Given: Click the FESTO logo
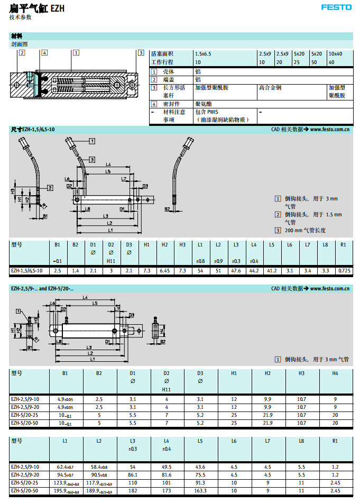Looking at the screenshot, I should (336, 7).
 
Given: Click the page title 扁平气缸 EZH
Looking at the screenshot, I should (36, 8).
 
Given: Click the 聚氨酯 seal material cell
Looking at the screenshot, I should (204, 104).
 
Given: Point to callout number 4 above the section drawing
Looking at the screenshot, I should (44, 52).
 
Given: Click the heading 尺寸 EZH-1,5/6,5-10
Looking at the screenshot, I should (33, 129).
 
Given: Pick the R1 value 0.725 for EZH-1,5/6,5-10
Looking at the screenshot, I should (344, 270).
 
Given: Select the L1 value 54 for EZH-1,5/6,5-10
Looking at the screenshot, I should (200, 270).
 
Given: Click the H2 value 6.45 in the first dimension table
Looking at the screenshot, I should (164, 270).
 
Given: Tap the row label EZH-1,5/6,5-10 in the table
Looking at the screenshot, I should (27, 270).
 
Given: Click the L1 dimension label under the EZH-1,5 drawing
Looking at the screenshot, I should (110, 230).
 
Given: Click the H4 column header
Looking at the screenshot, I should (335, 373).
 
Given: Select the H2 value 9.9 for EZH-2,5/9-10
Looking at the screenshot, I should (267, 399).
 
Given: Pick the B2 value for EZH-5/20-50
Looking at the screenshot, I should (99, 423).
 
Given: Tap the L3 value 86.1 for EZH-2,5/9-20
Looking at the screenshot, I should (133, 475).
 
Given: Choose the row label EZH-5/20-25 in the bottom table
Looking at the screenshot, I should (25, 483).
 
